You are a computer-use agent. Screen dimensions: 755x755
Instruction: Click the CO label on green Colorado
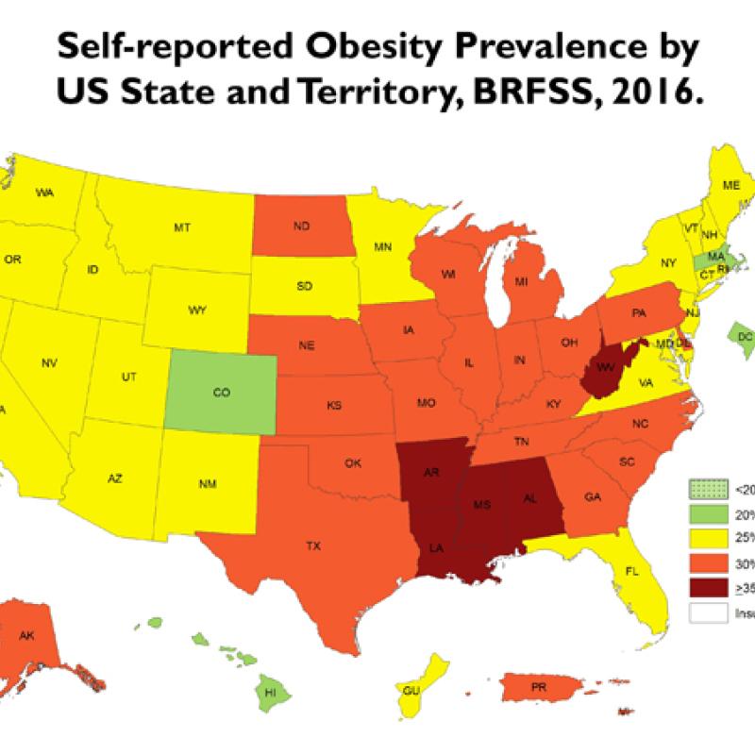coord(222,393)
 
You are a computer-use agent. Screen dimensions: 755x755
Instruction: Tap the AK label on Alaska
coord(27,638)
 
